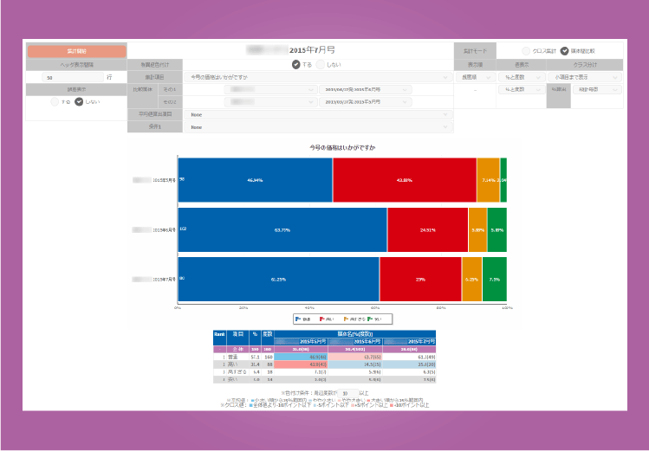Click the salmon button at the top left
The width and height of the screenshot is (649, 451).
(76, 51)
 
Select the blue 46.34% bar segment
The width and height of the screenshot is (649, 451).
(256, 179)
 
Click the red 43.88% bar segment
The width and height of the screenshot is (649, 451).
(405, 179)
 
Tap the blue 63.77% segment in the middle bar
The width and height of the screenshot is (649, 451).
(282, 229)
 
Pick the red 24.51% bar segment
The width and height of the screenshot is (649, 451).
(428, 229)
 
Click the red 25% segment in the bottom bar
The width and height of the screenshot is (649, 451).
(420, 280)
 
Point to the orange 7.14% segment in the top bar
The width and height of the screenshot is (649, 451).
(488, 179)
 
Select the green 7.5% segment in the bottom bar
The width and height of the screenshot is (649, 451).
(495, 280)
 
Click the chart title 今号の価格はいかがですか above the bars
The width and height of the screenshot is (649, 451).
(342, 148)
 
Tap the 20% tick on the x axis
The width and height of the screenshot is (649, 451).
(243, 307)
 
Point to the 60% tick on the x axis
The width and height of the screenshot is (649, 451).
(375, 307)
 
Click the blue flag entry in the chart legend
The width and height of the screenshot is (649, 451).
(304, 319)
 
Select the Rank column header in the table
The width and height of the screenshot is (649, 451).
(220, 333)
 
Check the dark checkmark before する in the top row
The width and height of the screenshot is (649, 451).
(296, 64)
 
